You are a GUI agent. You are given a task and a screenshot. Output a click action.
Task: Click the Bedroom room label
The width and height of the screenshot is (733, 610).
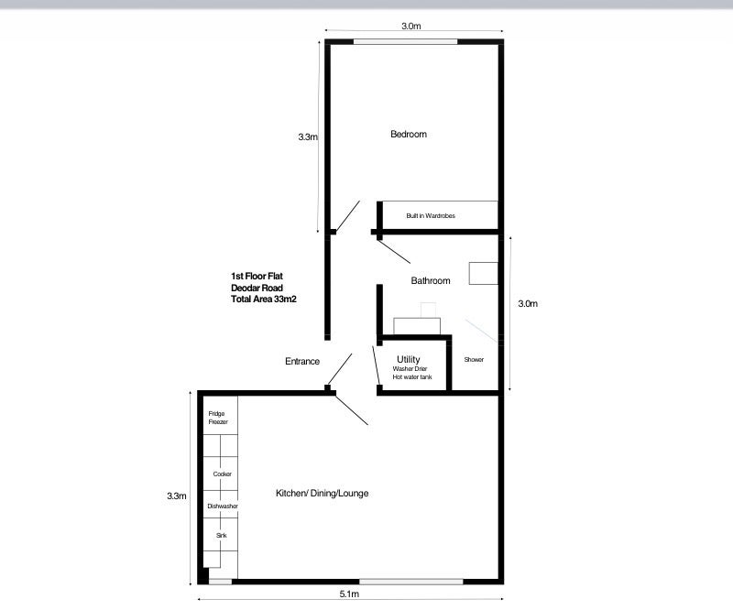409,134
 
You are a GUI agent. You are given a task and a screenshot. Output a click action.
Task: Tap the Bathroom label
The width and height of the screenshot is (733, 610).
431,280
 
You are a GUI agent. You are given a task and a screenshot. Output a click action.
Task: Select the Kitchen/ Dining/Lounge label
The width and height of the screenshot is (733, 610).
323,493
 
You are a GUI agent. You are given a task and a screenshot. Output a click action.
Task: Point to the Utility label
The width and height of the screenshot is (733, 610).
408,359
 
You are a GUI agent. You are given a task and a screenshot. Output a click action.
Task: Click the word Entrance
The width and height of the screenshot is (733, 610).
302,361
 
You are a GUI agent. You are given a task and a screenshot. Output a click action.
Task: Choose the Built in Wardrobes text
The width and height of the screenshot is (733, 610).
431,215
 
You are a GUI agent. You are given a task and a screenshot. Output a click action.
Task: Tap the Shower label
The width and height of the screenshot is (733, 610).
474,359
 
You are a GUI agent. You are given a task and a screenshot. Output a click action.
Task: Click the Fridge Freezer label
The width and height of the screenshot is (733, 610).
218,418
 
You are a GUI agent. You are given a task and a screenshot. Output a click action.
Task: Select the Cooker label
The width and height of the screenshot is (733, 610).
222,474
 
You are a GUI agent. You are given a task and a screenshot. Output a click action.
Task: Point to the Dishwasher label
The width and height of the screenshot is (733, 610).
223,507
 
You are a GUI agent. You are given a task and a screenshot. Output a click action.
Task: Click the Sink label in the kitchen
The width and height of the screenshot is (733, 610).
222,535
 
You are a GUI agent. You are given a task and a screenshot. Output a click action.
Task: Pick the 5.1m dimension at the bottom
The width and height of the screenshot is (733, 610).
349,594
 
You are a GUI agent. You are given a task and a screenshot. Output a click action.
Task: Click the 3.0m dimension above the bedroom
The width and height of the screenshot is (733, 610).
410,27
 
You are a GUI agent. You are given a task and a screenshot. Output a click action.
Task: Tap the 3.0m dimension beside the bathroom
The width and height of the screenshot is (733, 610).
528,304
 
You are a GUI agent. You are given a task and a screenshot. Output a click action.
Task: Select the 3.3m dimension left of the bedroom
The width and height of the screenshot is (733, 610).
308,137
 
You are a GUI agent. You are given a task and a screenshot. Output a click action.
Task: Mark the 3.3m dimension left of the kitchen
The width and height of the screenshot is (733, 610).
177,496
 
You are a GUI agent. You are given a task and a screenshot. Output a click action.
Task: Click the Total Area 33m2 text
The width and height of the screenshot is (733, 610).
264,300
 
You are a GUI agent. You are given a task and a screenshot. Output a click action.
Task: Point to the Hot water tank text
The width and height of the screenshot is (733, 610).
412,376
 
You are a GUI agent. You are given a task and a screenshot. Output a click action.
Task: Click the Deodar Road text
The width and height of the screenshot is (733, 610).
257,288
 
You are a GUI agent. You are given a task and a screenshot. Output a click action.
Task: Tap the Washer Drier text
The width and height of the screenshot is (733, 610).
410,368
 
